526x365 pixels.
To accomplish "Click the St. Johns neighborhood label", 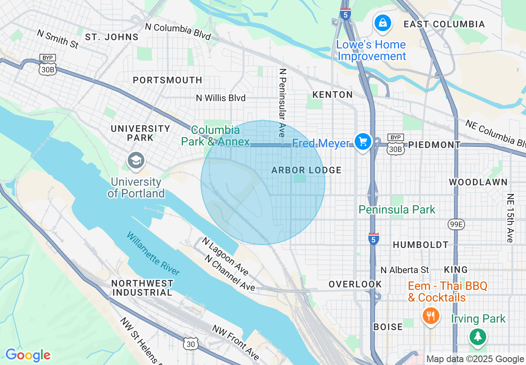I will coord(112,37).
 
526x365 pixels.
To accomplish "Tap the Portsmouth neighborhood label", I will coord(167,80).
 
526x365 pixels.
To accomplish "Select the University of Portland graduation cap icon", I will coord(136,160).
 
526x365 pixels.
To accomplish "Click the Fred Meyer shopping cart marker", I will coord(363,142).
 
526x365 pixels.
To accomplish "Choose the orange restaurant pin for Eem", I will coord(431,316).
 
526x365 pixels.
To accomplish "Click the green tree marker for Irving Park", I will coord(478,336).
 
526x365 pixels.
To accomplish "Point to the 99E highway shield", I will coord(456,224).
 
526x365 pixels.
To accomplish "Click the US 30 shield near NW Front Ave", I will coord(190,343).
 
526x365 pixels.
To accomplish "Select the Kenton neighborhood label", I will coord(332,95).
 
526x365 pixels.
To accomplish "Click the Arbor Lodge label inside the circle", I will coord(306,170).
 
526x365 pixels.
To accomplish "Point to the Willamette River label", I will coord(153,253).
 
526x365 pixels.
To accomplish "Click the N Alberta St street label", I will coord(404,270).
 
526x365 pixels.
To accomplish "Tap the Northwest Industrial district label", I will coord(142,288).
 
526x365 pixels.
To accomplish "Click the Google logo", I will coord(27,355).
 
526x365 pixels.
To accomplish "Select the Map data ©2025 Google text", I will coord(475,359).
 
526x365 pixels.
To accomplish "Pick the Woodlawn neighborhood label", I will coord(478,182).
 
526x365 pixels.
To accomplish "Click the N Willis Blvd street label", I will coord(221,98).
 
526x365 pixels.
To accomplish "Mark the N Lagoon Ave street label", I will coord(225,256).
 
